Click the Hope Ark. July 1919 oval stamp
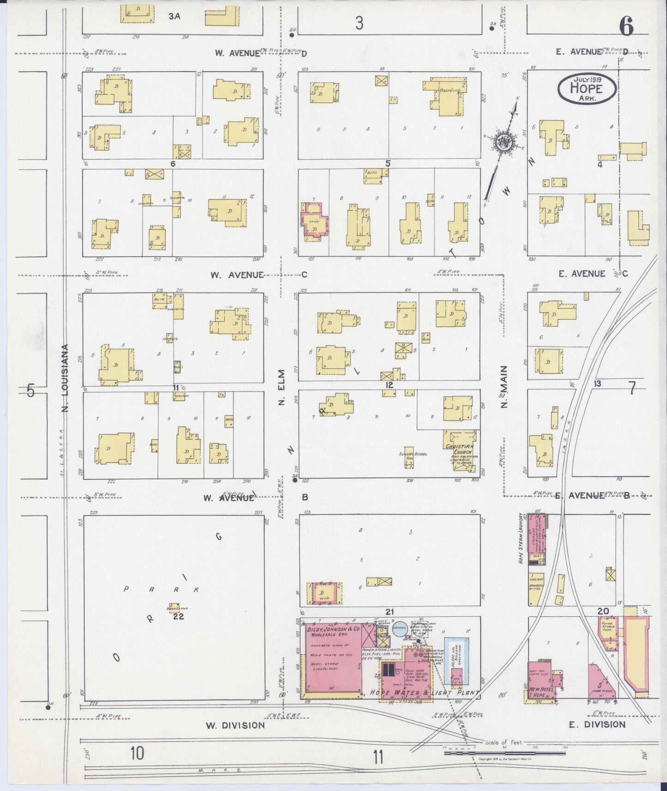[586, 89]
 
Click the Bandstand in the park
[174, 606]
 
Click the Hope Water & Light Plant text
[421, 693]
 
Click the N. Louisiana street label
[65, 378]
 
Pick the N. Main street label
[504, 387]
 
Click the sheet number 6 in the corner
[626, 28]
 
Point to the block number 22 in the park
[179, 616]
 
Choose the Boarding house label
[450, 91]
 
